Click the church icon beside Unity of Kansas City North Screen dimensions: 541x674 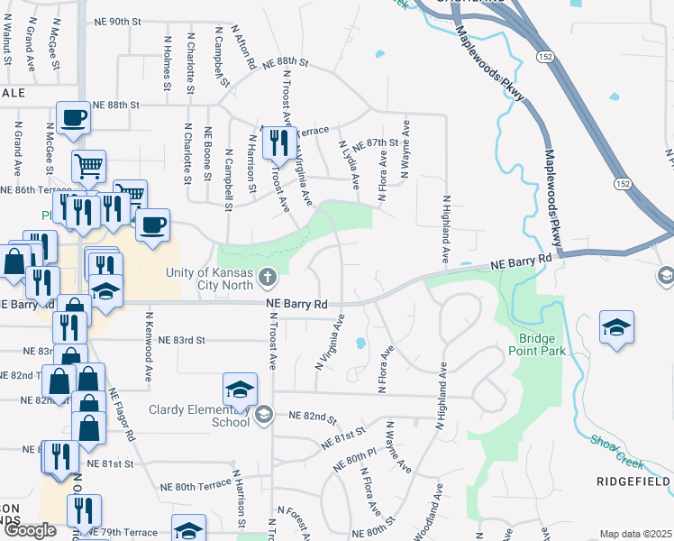coord(266,275)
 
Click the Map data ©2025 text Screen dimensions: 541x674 coord(636,534)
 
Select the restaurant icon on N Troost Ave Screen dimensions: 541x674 coord(278,140)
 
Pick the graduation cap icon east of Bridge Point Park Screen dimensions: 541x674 coord(616,326)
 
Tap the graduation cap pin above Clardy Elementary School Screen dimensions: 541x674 coord(240,389)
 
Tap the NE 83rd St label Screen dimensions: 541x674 coord(183,341)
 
